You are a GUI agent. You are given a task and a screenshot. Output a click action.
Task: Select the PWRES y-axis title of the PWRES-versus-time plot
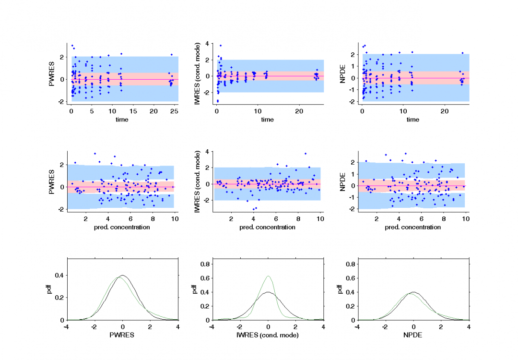pos(52,75)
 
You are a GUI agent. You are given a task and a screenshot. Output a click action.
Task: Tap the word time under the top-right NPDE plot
pos(413,120)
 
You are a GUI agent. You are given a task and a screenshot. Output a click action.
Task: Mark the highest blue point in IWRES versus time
pos(221,46)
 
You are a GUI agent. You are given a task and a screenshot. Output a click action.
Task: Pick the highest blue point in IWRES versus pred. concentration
pos(306,154)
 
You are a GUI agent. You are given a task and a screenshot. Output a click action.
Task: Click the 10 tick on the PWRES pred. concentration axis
pos(175,219)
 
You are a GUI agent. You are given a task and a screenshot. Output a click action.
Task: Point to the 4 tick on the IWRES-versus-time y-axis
pos(206,44)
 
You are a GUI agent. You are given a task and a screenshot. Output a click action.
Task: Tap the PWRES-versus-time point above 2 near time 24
pos(171,55)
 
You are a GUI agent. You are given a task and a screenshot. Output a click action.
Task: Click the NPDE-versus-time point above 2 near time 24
pos(462,53)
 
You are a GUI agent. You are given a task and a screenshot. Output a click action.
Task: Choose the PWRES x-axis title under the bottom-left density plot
pos(122,335)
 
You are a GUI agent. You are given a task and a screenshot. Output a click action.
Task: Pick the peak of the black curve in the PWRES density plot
pos(123,275)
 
